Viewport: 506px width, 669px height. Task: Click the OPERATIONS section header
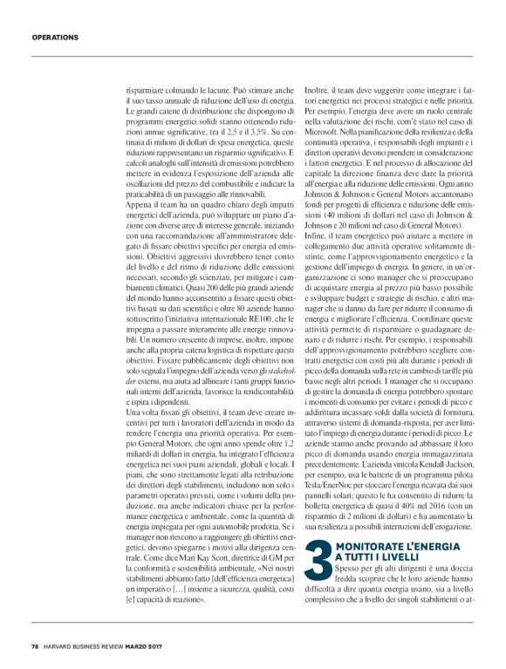[55, 38]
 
